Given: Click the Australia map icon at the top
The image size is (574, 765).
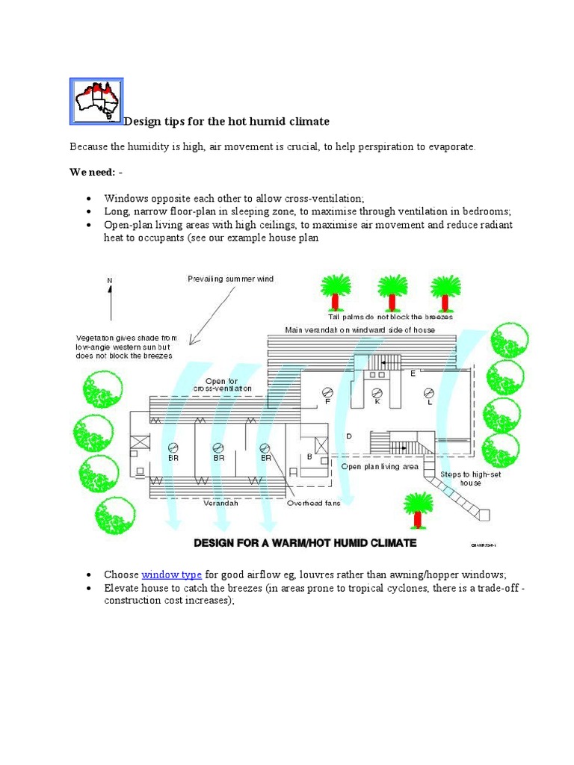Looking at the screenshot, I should click(96, 100).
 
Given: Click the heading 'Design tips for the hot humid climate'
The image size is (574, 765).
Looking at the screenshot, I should click(226, 121).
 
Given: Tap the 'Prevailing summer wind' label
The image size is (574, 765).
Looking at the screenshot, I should click(230, 279).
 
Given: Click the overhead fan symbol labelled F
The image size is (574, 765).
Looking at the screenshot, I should click(327, 393).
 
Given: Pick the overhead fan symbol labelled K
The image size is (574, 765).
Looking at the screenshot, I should click(377, 393).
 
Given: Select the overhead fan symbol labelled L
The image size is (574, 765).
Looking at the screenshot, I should click(429, 393).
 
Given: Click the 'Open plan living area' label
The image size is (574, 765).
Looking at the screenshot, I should click(379, 467).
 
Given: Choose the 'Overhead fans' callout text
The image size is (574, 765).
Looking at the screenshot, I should click(314, 503).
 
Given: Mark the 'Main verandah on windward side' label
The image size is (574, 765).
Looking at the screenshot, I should click(359, 329).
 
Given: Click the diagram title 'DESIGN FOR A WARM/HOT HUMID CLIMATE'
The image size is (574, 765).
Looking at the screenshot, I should click(305, 543).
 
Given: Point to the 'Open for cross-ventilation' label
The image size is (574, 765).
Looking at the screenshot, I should click(222, 385).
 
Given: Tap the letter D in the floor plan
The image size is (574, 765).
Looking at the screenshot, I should click(348, 436).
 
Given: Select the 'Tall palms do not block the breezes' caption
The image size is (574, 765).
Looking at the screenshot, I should click(390, 317).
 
